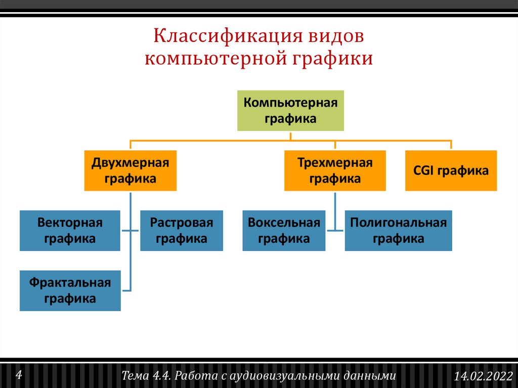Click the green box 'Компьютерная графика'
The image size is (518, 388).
pyautogui.click(x=290, y=111)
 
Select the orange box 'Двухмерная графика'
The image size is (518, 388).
pyautogui.click(x=130, y=170)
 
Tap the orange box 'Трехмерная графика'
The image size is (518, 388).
pyautogui.click(x=334, y=170)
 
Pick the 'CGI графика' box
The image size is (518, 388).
pyautogui.click(x=451, y=170)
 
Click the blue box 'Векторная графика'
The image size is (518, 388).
pyautogui.click(x=70, y=231)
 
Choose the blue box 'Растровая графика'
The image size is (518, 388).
pyautogui.click(x=181, y=231)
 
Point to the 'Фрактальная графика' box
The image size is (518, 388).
pyautogui.click(x=70, y=290)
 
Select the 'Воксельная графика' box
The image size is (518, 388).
pyautogui.click(x=284, y=231)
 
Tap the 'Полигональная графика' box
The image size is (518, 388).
pyautogui.click(x=398, y=231)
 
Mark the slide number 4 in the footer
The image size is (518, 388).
pyautogui.click(x=19, y=375)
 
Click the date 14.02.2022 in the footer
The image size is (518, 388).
pyautogui.click(x=483, y=376)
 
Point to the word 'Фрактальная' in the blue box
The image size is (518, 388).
pyautogui.click(x=70, y=282)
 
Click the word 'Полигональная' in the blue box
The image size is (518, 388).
pyautogui.click(x=398, y=223)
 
